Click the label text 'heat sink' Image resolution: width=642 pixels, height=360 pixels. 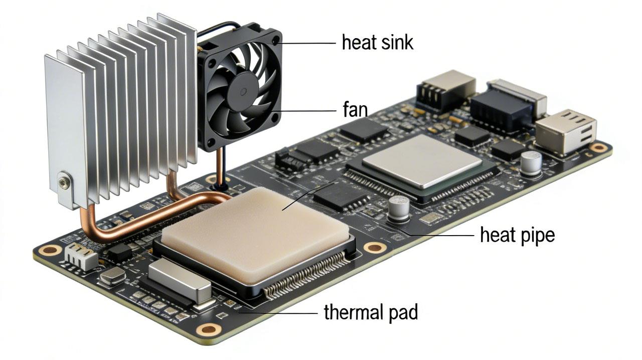pos(377,43)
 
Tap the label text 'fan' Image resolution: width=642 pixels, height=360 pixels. pos(355,110)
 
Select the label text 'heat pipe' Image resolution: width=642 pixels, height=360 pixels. pos(517,235)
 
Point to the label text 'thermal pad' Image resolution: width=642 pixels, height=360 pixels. pos(371,312)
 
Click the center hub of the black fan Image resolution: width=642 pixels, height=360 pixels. pos(242,90)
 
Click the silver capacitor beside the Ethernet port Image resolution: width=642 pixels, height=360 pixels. pos(531,163)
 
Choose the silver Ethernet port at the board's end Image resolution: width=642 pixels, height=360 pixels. pos(566,131)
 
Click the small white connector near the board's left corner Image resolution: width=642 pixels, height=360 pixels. pos(80,257)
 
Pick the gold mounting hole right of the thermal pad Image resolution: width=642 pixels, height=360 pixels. pos(375,247)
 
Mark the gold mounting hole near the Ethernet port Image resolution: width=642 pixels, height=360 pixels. pos(598,147)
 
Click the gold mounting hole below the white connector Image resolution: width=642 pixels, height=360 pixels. pos(51,250)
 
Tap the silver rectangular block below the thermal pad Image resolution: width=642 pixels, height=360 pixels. pos(180,281)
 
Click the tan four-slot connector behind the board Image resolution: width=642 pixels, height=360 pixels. pos(445,90)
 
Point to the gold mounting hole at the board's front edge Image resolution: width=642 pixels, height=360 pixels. pos(208,329)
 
